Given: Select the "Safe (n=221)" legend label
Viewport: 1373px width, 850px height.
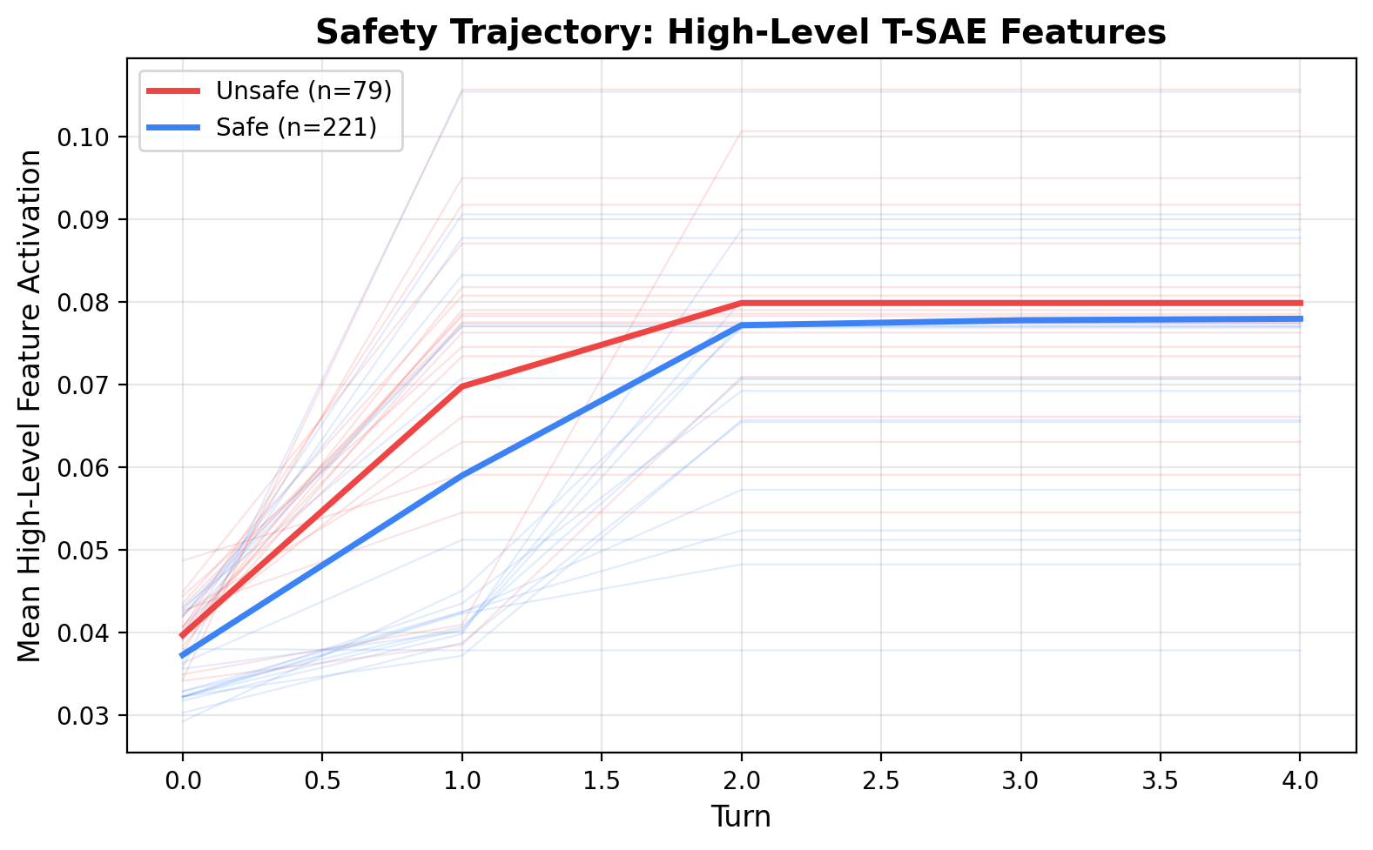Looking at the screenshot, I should [297, 127].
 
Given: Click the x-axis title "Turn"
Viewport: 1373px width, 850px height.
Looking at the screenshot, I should [741, 817].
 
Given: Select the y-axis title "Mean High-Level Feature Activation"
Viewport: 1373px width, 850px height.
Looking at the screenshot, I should [30, 405].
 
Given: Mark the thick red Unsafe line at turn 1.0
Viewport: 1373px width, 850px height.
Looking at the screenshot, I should [462, 386].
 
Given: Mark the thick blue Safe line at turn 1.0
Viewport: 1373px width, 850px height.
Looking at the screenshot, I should [462, 475].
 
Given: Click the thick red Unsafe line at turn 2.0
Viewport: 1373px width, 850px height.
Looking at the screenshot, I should [742, 303].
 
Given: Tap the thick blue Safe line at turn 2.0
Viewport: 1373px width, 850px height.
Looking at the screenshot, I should [742, 325].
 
